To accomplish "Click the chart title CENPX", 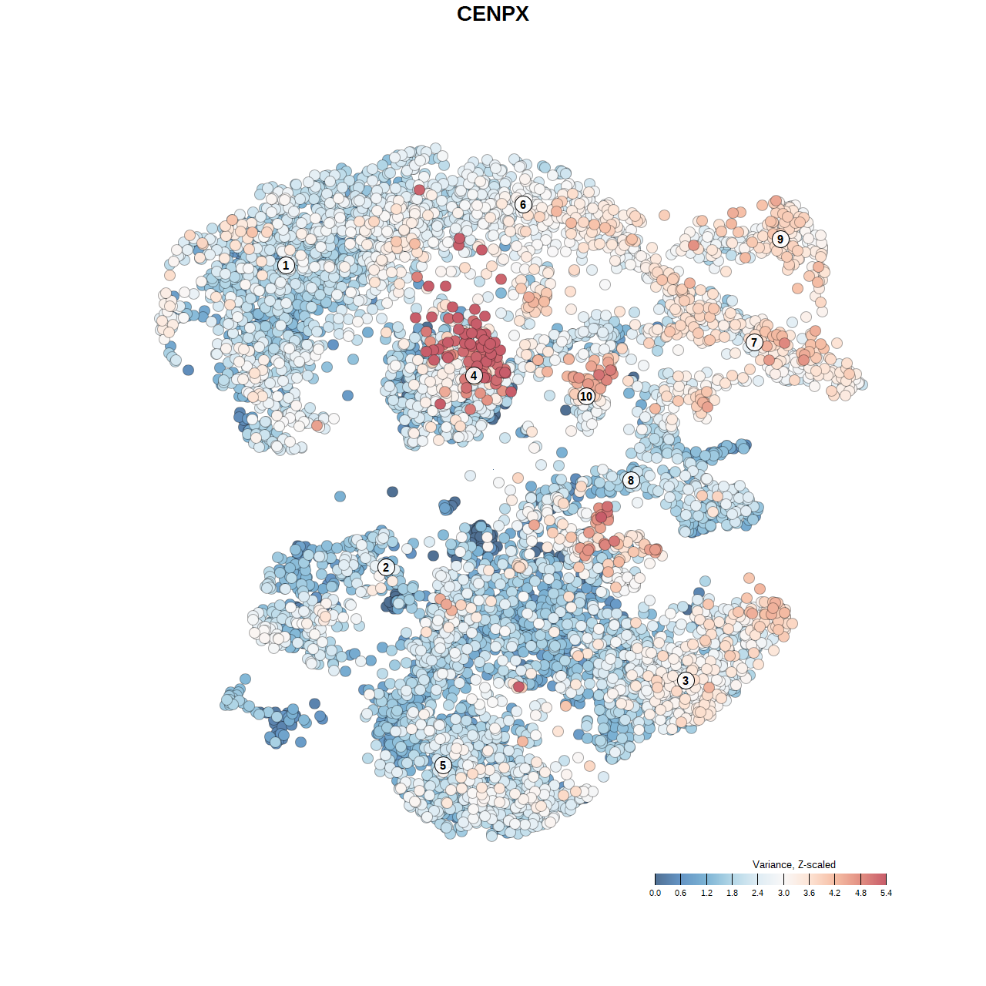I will coord(493,14).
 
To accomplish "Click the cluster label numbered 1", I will coord(286,266).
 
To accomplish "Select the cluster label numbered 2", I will coord(386,568).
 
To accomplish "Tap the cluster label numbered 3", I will coord(686,680).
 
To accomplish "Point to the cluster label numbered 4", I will coord(474,375).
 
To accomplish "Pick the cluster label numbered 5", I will coord(443,765).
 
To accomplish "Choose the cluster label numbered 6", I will coord(523,204).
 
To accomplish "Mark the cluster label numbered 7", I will coord(754,342).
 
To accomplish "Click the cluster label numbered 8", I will coord(631,481).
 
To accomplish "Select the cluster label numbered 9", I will coord(780,239).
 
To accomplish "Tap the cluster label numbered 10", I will coord(586,396).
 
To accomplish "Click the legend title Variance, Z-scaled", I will coord(793,865).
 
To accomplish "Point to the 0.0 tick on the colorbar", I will coord(655,893).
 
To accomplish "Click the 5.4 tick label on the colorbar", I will coord(886,893).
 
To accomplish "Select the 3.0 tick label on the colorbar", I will coord(783,893).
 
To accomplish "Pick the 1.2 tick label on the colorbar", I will coord(706,893).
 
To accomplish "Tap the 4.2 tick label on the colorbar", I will coord(835,893).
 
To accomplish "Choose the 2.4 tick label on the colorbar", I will coord(758,893).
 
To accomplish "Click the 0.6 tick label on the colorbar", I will coord(681,893).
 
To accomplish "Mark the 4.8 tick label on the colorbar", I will coord(860,893).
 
